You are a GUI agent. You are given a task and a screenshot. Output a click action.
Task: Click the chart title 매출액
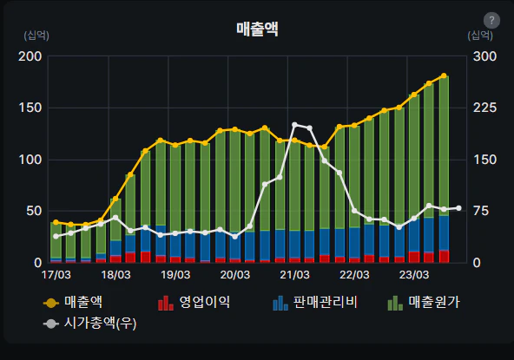tap(257, 29)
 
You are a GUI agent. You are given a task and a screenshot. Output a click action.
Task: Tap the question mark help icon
tap(491, 20)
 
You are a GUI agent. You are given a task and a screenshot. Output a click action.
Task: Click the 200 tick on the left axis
tap(30, 56)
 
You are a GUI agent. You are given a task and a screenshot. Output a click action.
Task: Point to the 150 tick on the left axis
tap(30, 108)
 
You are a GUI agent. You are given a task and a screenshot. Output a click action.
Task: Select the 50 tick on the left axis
tap(34, 211)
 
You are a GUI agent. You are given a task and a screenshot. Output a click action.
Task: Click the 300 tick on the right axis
tap(484, 56)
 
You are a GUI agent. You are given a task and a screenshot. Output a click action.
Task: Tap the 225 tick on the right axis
tap(484, 108)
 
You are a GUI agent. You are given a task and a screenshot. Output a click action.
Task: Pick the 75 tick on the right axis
tap(480, 211)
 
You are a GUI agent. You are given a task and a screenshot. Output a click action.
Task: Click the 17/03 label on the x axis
tap(56, 275)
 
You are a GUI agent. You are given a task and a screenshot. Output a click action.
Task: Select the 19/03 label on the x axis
tap(175, 275)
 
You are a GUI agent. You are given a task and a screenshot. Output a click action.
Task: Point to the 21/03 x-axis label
tap(294, 275)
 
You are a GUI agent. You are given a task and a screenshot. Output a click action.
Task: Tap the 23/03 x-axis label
tap(413, 275)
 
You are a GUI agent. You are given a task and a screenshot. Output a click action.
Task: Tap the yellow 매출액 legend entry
tap(83, 303)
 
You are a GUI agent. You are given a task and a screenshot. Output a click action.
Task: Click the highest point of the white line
tap(295, 125)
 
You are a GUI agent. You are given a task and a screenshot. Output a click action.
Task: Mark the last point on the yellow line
tap(444, 76)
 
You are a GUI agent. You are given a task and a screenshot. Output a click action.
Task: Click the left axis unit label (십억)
tap(36, 36)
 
